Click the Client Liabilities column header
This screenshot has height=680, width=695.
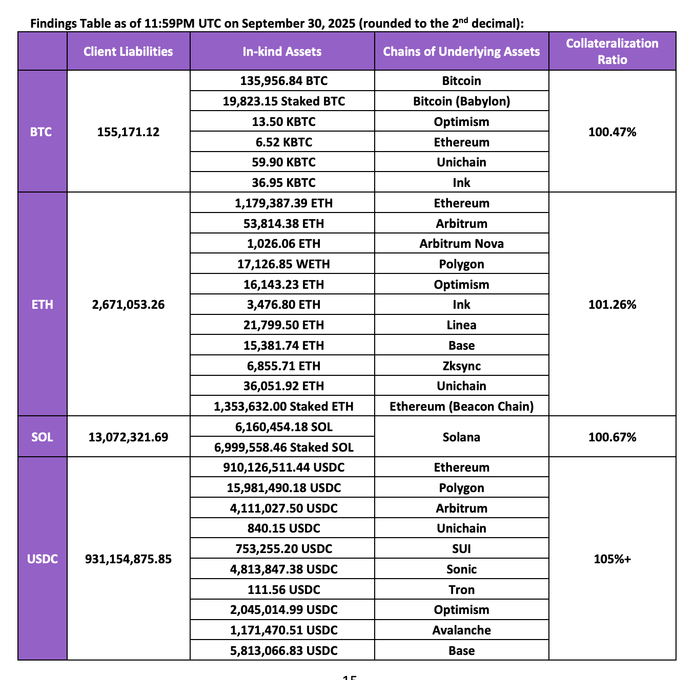[128, 51]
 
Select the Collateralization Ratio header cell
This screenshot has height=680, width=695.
[612, 51]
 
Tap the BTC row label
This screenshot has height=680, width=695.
[41, 132]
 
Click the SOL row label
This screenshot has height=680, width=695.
[42, 437]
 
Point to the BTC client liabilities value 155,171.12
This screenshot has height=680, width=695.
[128, 132]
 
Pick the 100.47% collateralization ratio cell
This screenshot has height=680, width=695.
[612, 132]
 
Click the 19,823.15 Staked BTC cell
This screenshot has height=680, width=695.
[283, 101]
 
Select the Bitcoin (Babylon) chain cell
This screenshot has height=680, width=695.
[461, 101]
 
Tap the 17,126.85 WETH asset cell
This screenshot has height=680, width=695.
[283, 264]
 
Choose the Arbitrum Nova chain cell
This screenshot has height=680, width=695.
[461, 243]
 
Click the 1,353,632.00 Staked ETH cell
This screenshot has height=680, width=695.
[283, 406]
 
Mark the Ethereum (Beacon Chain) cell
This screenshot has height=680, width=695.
[461, 406]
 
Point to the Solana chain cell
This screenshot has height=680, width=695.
[461, 437]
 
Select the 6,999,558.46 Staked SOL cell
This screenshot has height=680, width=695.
[283, 447]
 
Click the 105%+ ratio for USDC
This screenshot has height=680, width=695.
[612, 559]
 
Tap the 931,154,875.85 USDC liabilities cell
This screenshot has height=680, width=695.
[128, 559]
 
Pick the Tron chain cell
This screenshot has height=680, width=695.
[461, 589]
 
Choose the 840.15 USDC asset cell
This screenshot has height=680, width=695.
[283, 528]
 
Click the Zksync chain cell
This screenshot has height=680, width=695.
[461, 366]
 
